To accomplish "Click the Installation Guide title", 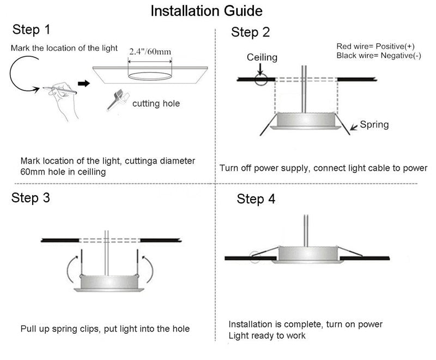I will click(206, 10).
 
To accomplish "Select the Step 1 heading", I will click(34, 29).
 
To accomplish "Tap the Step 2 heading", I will click(250, 32).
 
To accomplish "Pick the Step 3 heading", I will click(31, 197).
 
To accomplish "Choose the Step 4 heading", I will click(256, 199).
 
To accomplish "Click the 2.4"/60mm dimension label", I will click(150, 52).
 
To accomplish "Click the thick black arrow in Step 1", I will click(84, 83).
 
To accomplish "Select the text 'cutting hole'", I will click(156, 103).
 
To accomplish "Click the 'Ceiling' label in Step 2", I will click(262, 57).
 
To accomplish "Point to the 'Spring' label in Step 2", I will click(374, 125).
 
